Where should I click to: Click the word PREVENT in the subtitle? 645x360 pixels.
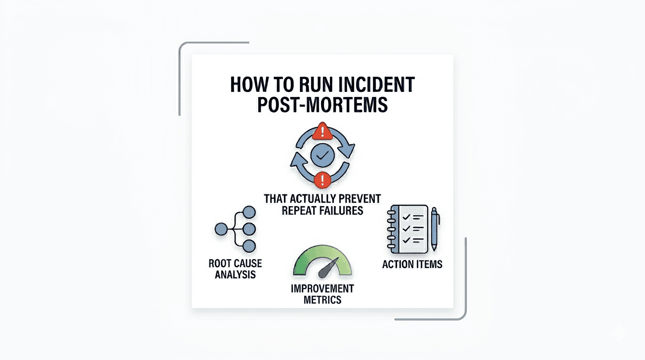pos(359,198)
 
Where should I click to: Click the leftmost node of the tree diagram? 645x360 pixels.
pos(221,229)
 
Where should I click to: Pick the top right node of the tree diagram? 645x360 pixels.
pos(249,212)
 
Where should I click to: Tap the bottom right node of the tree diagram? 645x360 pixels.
pos(249,246)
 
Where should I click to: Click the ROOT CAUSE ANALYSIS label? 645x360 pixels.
pos(235,269)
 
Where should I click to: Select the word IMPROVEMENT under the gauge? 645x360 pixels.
pos(322,288)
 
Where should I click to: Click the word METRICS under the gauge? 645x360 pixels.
pos(322,300)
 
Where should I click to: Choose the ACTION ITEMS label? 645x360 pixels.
pos(412,264)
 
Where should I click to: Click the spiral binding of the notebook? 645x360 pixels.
pos(391,228)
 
